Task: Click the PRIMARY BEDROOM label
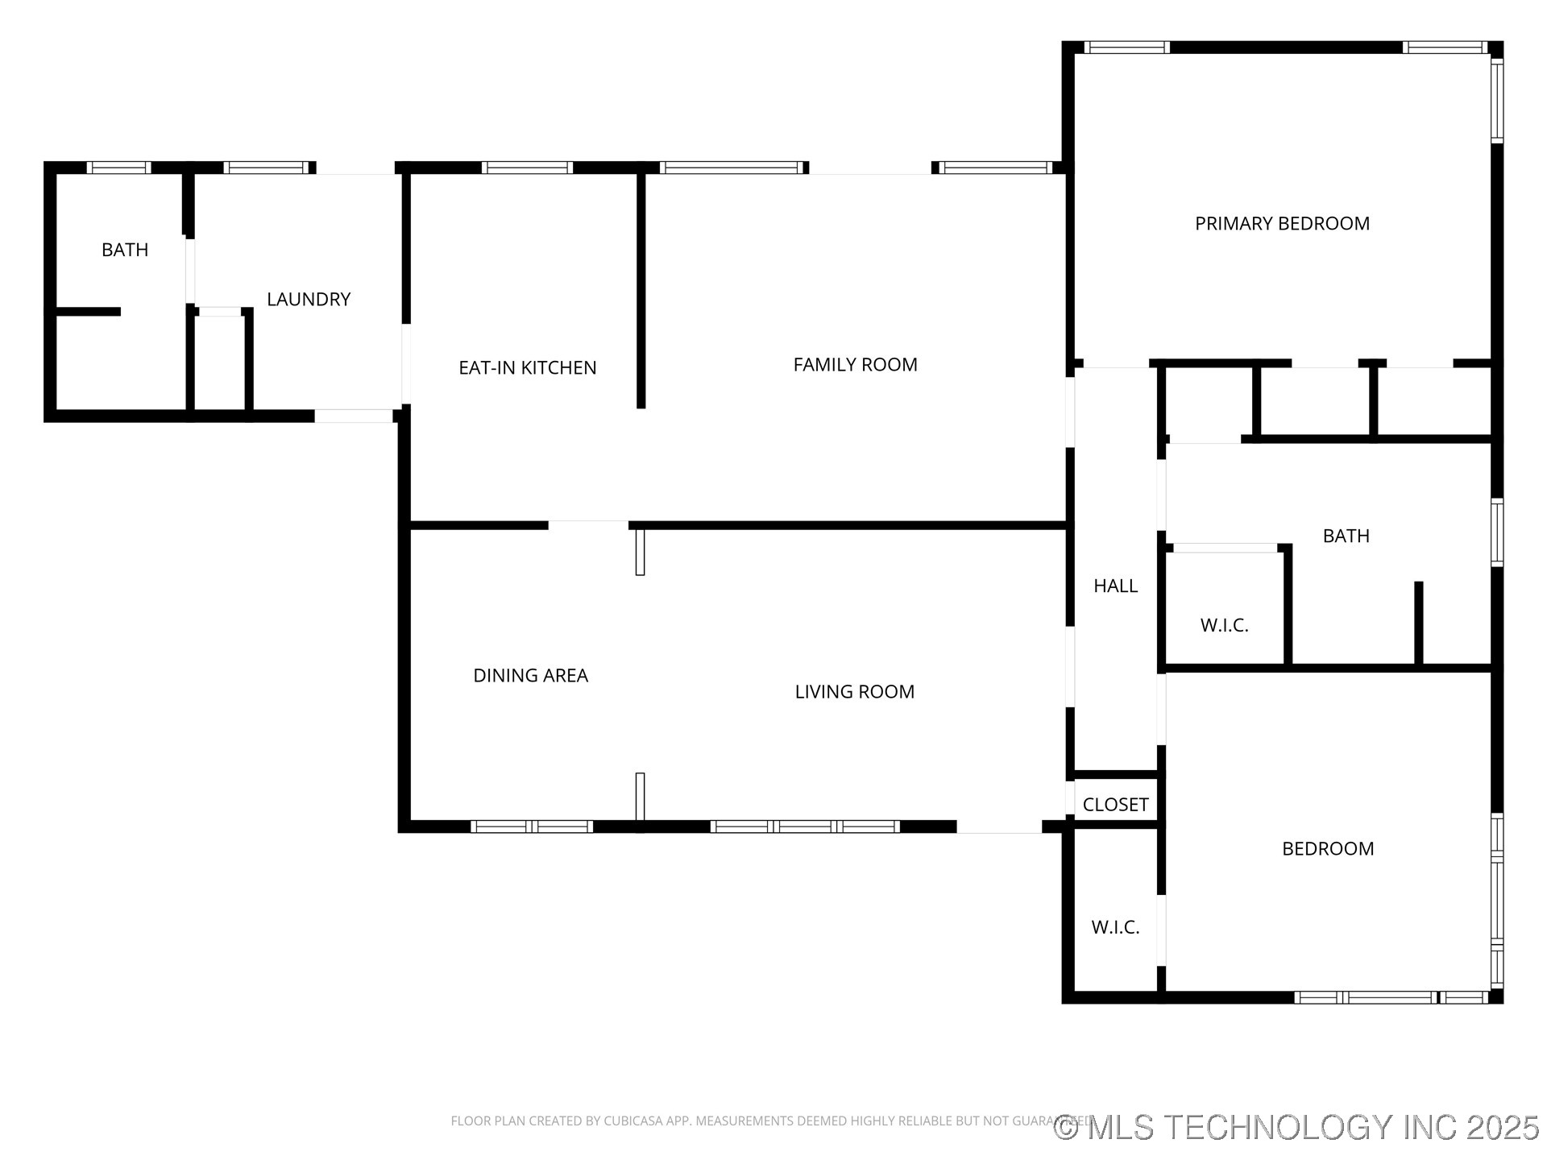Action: point(1282,223)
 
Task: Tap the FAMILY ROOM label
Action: point(855,365)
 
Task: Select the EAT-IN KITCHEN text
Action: point(528,368)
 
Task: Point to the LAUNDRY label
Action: point(309,300)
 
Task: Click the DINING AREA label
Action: point(530,676)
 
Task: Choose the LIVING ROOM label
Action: point(854,692)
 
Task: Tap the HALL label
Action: point(1115,586)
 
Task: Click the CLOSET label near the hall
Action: point(1115,805)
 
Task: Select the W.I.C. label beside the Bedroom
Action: point(1115,927)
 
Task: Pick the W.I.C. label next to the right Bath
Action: point(1224,625)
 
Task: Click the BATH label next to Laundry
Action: point(125,250)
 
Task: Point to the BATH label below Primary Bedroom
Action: point(1346,536)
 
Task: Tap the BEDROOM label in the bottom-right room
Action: point(1328,848)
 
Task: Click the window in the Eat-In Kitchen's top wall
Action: point(527,168)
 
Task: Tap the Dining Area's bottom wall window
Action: point(532,826)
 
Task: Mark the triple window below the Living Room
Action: point(804,826)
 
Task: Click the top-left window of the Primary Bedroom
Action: point(1126,48)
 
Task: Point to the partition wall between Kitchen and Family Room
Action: point(641,290)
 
